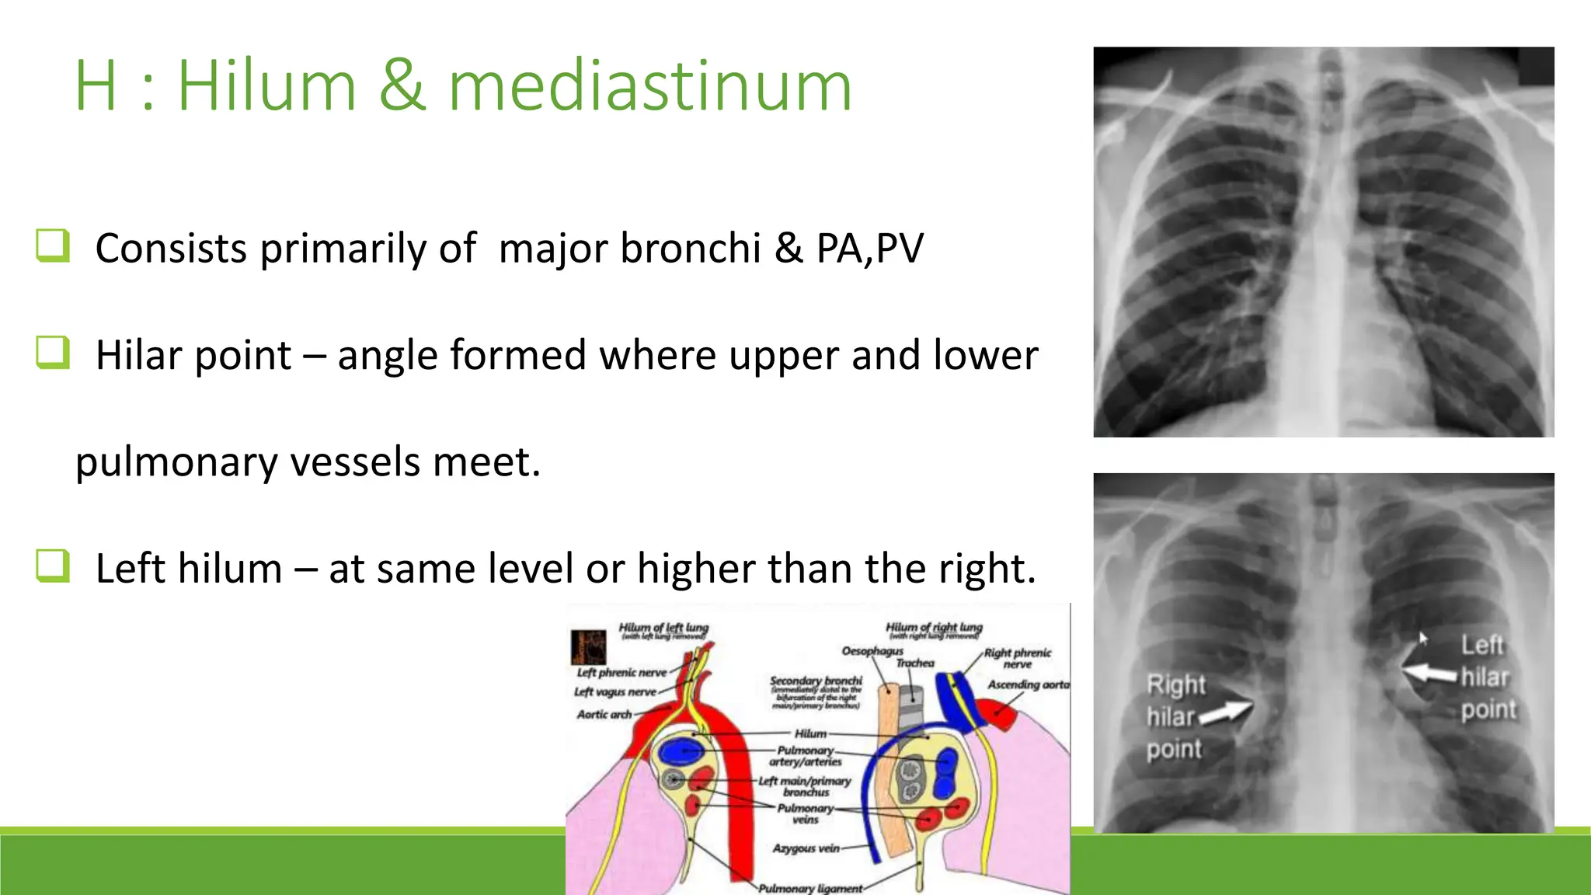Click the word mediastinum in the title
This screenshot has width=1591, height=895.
point(650,86)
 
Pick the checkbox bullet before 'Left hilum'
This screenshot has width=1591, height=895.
point(53,566)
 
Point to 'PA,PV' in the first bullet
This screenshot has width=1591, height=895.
point(869,249)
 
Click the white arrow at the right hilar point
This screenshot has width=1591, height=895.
point(1226,712)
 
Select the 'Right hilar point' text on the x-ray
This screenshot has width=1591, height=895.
point(1175,716)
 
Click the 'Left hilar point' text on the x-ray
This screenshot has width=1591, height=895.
point(1487,677)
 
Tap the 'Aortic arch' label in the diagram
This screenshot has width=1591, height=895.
point(604,714)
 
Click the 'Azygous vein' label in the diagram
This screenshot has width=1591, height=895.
point(806,848)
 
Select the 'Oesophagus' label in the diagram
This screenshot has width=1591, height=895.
point(872,650)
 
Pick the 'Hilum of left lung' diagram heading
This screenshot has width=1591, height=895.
point(663,628)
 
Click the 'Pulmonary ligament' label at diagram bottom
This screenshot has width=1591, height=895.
point(810,888)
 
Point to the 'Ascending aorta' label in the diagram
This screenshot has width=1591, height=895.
point(1028,684)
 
